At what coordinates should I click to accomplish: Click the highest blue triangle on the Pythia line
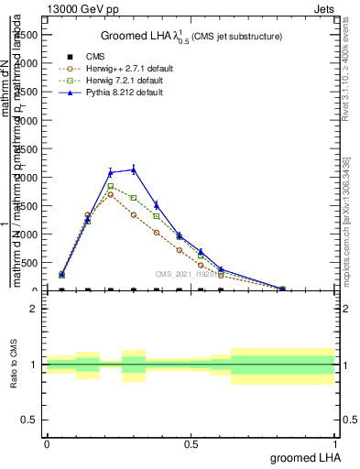[134, 169]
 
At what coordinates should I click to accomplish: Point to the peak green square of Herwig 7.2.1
[111, 186]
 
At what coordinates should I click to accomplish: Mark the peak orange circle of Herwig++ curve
[111, 194]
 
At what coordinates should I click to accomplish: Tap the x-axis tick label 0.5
[191, 443]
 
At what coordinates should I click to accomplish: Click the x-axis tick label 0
[47, 443]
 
